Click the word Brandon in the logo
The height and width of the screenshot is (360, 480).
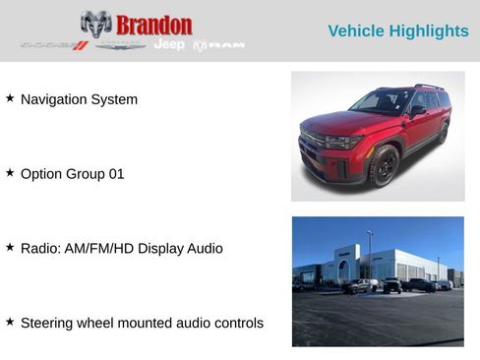tap(154, 25)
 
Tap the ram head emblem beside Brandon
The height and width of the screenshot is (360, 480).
tap(95, 24)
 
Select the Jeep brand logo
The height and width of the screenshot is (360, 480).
tap(169, 44)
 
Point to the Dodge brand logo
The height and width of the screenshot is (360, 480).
tap(55, 45)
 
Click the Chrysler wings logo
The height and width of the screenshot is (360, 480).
tap(121, 44)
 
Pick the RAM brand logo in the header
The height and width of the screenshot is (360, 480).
tap(218, 45)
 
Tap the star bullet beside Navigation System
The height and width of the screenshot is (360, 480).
tap(10, 98)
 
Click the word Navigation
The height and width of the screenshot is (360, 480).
tap(54, 99)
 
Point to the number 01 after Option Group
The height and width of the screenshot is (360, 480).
tap(116, 174)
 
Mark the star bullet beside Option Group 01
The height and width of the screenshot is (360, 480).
tap(10, 173)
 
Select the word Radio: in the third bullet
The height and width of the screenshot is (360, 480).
tap(40, 249)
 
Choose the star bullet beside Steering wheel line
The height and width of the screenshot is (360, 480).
tap(10, 322)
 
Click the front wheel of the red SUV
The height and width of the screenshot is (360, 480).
tap(383, 165)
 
